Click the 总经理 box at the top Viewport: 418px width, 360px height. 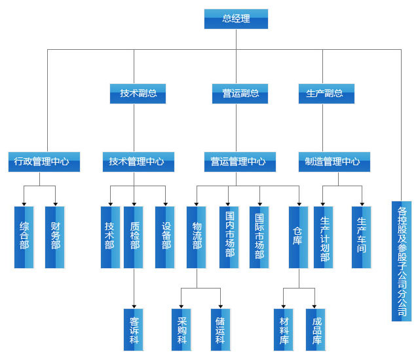pyautogui.click(x=236, y=19)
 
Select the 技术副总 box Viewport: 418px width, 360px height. pyautogui.click(x=138, y=94)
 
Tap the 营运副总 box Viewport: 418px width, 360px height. pyautogui.click(x=236, y=94)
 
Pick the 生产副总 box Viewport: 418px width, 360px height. pyautogui.click(x=326, y=94)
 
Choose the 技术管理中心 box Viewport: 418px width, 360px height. pyautogui.click(x=138, y=162)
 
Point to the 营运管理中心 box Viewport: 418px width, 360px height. pyautogui.click(x=238, y=162)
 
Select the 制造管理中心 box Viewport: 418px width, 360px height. pyautogui.click(x=333, y=162)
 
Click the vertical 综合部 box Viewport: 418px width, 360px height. pyautogui.click(x=24, y=237)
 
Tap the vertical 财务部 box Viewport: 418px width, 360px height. pyautogui.click(x=55, y=237)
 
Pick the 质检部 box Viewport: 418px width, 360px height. pyautogui.click(x=134, y=237)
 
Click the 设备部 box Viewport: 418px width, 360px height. pyautogui.click(x=165, y=237)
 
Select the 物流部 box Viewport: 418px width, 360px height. pyautogui.click(x=197, y=237)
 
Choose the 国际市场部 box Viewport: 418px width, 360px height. pyautogui.click(x=259, y=237)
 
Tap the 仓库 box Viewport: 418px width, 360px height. pyautogui.click(x=298, y=237)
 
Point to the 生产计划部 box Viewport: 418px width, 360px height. pyautogui.click(x=324, y=237)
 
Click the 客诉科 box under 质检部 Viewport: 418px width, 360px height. pyautogui.click(x=134, y=329)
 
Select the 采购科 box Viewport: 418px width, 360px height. pyautogui.click(x=181, y=329)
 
